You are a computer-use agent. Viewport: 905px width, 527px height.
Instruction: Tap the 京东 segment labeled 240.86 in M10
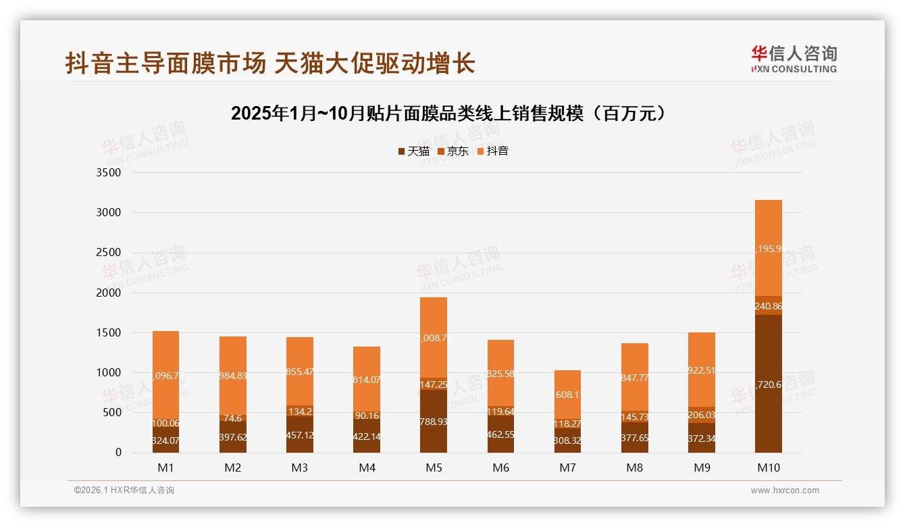tap(768, 305)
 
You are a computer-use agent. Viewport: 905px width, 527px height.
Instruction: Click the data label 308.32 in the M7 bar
tap(567, 441)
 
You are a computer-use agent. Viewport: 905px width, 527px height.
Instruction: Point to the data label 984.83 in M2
tap(233, 376)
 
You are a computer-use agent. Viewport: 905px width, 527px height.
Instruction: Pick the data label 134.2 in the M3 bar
tap(300, 411)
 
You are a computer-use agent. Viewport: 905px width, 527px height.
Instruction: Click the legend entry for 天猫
tap(413, 151)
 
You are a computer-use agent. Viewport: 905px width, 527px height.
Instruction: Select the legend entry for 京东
tap(453, 151)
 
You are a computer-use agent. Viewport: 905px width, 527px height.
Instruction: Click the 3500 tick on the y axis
tap(109, 172)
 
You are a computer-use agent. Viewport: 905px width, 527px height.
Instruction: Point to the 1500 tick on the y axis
tap(109, 332)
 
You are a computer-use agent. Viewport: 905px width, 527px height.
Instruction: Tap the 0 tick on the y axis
tap(118, 453)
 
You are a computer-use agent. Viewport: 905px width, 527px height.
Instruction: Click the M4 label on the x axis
tap(367, 468)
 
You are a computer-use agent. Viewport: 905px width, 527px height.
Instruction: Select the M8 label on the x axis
tap(634, 468)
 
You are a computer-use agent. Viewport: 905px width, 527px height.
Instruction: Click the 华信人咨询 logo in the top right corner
tap(794, 59)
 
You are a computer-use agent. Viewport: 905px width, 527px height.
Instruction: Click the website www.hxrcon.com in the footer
tap(785, 491)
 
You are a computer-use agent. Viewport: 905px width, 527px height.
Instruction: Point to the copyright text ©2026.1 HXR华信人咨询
tap(124, 491)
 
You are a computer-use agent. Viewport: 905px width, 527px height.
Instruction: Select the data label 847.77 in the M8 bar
tap(634, 378)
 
